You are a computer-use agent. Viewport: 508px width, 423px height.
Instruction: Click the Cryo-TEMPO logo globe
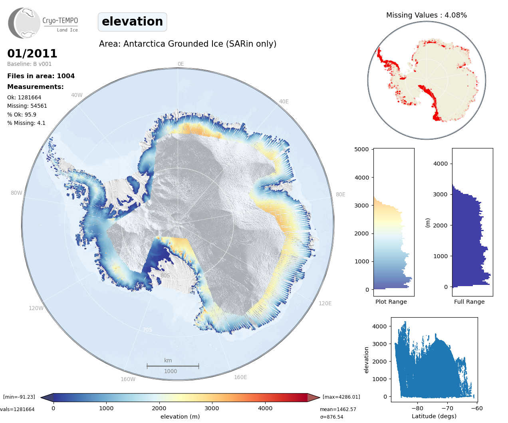tap(24, 23)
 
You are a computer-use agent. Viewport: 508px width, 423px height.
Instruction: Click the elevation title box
tap(132, 22)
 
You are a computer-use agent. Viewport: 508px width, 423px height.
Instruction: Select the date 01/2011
tap(32, 53)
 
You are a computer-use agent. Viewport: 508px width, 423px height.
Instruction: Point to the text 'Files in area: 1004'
tap(41, 76)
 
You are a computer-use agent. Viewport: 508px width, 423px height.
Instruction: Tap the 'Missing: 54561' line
tap(27, 106)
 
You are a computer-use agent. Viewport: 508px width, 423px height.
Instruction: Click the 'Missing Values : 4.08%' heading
tap(426, 15)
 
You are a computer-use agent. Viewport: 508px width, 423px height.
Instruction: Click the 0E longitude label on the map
tap(181, 64)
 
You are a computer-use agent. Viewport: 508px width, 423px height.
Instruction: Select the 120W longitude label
tap(36, 308)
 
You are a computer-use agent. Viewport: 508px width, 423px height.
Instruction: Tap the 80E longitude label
tap(340, 194)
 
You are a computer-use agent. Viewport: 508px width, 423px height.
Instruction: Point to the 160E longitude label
tap(240, 377)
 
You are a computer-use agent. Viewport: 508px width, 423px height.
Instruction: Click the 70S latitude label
tap(147, 330)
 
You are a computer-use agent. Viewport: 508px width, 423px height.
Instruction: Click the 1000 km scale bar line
tap(173, 366)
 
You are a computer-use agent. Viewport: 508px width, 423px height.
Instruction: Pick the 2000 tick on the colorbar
tap(159, 408)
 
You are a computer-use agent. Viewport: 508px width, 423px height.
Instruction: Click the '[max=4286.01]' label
tap(341, 397)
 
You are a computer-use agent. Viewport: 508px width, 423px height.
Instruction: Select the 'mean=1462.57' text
tap(338, 409)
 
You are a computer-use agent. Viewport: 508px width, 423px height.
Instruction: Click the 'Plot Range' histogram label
tap(391, 302)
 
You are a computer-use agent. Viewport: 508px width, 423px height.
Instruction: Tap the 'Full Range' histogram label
tap(469, 302)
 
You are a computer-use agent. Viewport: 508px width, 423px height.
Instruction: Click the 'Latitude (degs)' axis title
tap(434, 416)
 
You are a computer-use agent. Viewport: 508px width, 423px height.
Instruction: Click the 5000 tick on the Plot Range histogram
tap(361, 149)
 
